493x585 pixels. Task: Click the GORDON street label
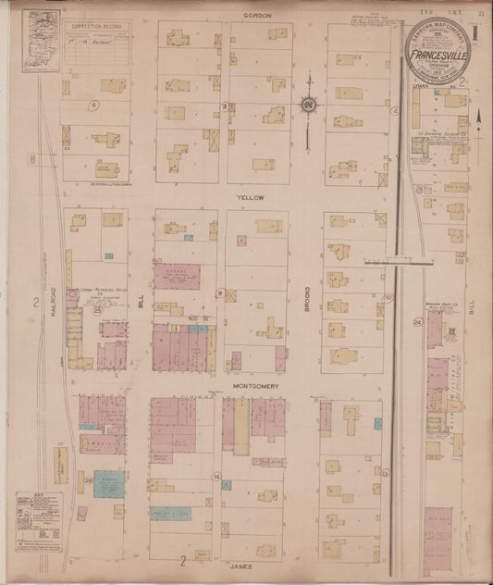click(x=255, y=16)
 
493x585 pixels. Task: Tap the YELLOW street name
click(x=251, y=198)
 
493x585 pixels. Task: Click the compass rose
click(x=307, y=104)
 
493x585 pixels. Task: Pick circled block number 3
click(x=224, y=107)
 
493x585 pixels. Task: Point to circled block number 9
click(x=219, y=293)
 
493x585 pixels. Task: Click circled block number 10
click(x=389, y=297)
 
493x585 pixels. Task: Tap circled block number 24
click(x=418, y=321)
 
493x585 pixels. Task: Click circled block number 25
click(x=97, y=311)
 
